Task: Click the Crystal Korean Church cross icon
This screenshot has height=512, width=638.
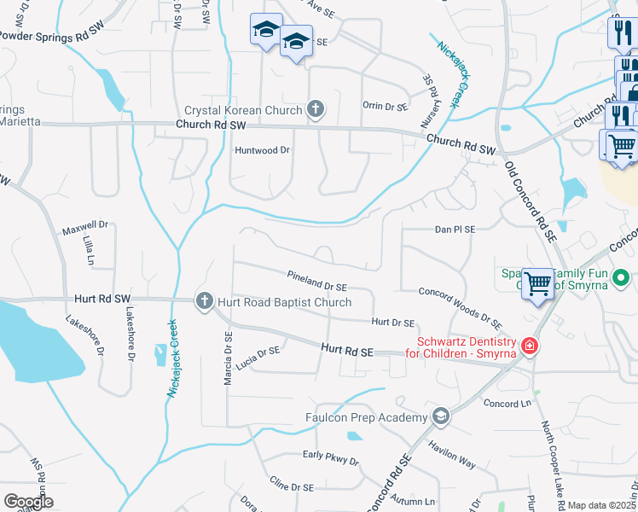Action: tap(316, 108)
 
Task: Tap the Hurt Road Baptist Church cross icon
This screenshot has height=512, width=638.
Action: tap(204, 300)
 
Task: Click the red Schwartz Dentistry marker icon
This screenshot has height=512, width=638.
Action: tap(530, 345)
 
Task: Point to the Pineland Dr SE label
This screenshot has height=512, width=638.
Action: tap(317, 282)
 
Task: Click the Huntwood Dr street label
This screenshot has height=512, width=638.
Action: tap(263, 150)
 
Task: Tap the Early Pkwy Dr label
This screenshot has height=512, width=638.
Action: tap(331, 457)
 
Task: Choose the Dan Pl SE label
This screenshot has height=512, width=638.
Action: tap(455, 230)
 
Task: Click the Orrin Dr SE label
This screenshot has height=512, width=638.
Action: tap(386, 107)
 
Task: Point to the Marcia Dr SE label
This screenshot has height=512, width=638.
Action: tap(228, 358)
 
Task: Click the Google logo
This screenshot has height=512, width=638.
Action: tap(29, 501)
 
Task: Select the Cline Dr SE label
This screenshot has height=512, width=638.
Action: tap(288, 491)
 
